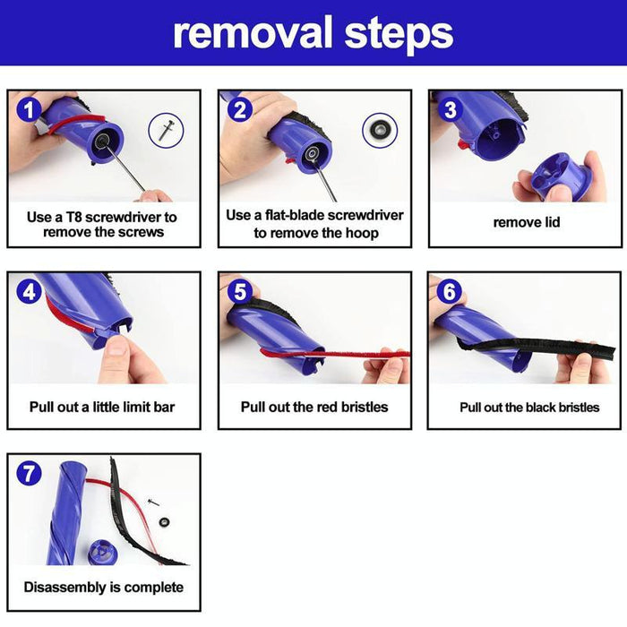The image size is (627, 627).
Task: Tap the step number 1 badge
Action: (30, 112)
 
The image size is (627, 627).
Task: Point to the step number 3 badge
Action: (451, 112)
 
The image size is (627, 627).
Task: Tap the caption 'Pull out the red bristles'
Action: (314, 407)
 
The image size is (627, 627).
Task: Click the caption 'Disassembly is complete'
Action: (103, 588)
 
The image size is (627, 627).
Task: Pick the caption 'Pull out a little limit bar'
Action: (102, 407)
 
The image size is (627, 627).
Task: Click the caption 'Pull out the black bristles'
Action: (529, 407)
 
